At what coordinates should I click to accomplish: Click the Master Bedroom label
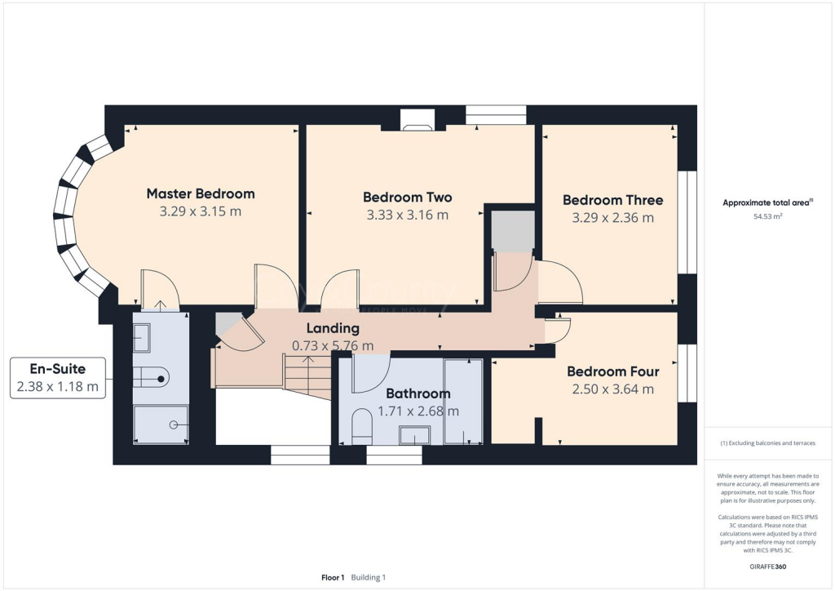pyautogui.click(x=200, y=193)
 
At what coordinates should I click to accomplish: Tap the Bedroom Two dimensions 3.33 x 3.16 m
pyautogui.click(x=407, y=216)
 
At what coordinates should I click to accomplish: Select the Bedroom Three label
pyautogui.click(x=612, y=200)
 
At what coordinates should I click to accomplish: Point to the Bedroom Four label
pyautogui.click(x=612, y=371)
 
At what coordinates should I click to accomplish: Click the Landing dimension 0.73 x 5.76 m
pyautogui.click(x=333, y=345)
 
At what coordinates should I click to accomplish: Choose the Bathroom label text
pyautogui.click(x=417, y=393)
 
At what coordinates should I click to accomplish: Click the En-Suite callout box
pyautogui.click(x=57, y=378)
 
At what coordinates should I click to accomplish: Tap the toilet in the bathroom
pyautogui.click(x=361, y=425)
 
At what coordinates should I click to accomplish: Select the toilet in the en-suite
pyautogui.click(x=152, y=376)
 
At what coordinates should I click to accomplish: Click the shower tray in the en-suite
pyautogui.click(x=160, y=424)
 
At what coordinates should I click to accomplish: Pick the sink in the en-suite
pyautogui.click(x=141, y=336)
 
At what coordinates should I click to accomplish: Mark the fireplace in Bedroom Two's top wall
pyautogui.click(x=418, y=124)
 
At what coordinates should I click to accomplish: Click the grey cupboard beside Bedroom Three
pyautogui.click(x=513, y=231)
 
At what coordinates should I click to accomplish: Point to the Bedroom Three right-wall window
pyautogui.click(x=687, y=222)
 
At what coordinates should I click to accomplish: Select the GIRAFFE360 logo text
pyautogui.click(x=769, y=566)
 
